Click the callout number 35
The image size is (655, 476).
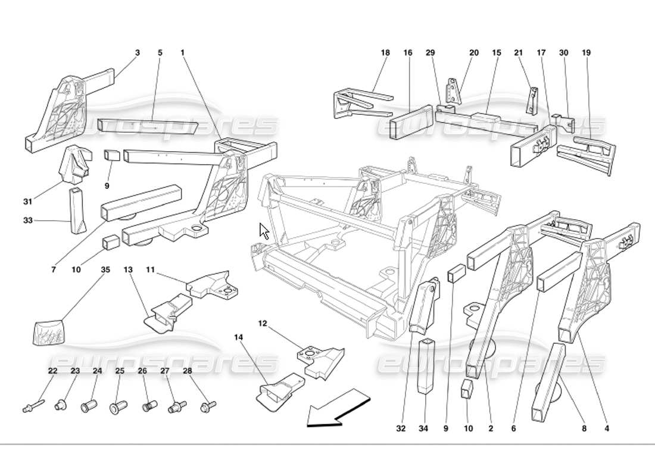105,270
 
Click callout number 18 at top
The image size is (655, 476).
385,53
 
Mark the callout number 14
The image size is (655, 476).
238,337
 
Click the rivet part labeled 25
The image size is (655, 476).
117,408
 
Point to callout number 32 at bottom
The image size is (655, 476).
401,428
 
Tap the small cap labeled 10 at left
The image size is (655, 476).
110,243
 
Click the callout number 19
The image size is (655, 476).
587,53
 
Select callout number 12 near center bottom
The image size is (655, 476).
263,324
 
